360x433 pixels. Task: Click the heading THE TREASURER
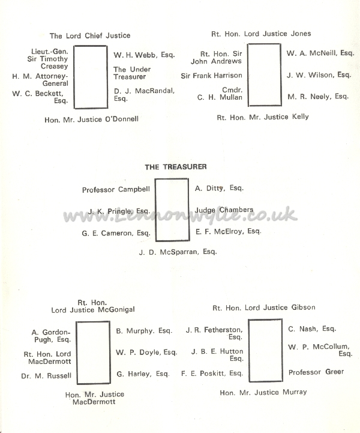pyautogui.click(x=176, y=167)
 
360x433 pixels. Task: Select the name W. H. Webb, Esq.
pyautogui.click(x=144, y=55)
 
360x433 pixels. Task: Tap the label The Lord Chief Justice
pyautogui.click(x=90, y=35)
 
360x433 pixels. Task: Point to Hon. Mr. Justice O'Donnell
pyautogui.click(x=92, y=120)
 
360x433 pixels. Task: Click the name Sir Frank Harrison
pyautogui.click(x=211, y=76)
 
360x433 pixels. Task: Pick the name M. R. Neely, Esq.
pyautogui.click(x=318, y=97)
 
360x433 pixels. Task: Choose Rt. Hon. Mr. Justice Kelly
pyautogui.click(x=263, y=117)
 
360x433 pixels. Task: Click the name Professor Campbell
pyautogui.click(x=116, y=190)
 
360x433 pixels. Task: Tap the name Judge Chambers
pyautogui.click(x=224, y=210)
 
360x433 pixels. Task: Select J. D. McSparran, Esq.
pyautogui.click(x=178, y=252)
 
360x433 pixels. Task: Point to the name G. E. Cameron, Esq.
pyautogui.click(x=116, y=234)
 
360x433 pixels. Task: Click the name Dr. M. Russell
pyautogui.click(x=46, y=376)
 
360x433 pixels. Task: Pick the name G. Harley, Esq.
pyautogui.click(x=143, y=374)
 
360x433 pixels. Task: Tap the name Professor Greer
pyautogui.click(x=316, y=372)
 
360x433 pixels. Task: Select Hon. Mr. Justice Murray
pyautogui.click(x=263, y=392)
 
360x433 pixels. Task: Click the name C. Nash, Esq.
pyautogui.click(x=312, y=329)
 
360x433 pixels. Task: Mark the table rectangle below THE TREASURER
pyautogui.click(x=155, y=210)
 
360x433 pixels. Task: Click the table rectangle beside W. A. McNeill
pyautogui.click(x=248, y=74)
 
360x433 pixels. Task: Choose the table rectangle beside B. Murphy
pyautogui.click(x=77, y=353)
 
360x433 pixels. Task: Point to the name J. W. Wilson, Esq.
pyautogui.click(x=319, y=75)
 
